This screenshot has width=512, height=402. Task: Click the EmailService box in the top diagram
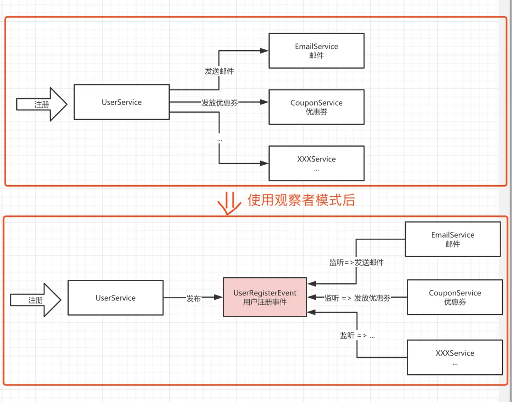coord(316,51)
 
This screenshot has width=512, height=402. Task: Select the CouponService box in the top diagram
coord(316,107)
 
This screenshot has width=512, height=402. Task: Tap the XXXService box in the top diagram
coord(316,163)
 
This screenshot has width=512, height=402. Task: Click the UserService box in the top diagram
coord(121,102)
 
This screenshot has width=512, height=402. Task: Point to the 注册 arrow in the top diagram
coord(42,104)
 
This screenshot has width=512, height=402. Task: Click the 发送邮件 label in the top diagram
coord(219,71)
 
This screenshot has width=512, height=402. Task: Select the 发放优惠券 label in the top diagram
coord(219,103)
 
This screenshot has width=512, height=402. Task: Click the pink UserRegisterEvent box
coord(265,297)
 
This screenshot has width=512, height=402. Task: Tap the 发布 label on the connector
coord(193,298)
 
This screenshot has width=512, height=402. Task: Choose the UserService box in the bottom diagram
coord(115,298)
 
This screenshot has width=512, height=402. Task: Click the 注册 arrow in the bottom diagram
coord(36,300)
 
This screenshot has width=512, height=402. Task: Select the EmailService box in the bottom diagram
coord(453,239)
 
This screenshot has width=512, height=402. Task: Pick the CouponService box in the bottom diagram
coord(455,297)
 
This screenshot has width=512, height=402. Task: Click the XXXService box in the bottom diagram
coord(455,357)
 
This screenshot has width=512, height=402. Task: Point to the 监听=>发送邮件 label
coord(357,262)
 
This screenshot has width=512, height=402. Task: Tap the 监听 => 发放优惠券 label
coord(357,298)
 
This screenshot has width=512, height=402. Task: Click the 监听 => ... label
coord(357,335)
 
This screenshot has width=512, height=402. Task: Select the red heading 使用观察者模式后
coord(301,200)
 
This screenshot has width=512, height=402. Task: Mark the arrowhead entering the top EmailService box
coord(265,51)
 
